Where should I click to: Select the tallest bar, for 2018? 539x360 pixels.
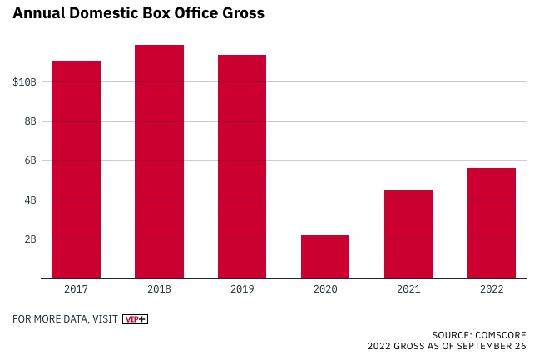point(159,161)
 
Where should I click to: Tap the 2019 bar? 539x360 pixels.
point(242,166)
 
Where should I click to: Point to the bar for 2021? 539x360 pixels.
point(408,234)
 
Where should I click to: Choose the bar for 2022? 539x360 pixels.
point(492,223)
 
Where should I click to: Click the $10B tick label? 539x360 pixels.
point(25,82)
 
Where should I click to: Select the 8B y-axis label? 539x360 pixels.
point(30,121)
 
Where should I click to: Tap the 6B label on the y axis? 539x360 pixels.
point(30,160)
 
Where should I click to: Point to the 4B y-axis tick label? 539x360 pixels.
point(30,200)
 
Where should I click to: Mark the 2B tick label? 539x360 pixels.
point(30,239)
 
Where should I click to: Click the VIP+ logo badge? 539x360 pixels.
point(135,319)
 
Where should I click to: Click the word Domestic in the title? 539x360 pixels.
point(107,14)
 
